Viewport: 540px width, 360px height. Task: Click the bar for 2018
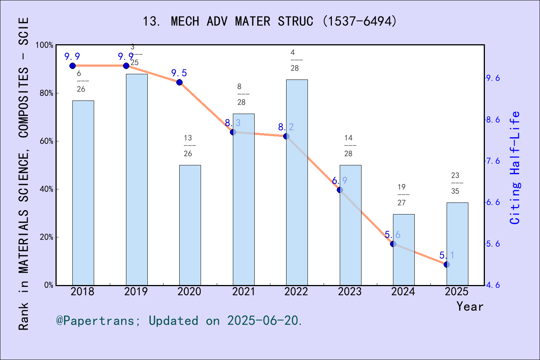pyautogui.click(x=83, y=193)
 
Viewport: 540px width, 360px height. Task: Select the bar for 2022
pyautogui.click(x=297, y=182)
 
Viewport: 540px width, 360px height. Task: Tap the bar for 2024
pyautogui.click(x=403, y=250)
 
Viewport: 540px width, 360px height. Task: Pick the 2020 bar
pyautogui.click(x=190, y=225)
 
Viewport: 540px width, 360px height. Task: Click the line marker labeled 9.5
pyautogui.click(x=179, y=82)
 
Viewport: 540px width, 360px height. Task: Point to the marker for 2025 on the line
pyautogui.click(x=447, y=265)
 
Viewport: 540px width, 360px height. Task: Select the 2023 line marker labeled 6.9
pyautogui.click(x=340, y=190)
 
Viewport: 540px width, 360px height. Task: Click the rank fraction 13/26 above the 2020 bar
pyautogui.click(x=188, y=146)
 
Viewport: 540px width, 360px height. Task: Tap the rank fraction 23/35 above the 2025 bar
pyautogui.click(x=455, y=183)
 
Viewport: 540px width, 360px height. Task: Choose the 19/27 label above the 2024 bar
pyautogui.click(x=402, y=195)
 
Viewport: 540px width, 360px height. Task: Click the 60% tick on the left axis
pyautogui.click(x=46, y=141)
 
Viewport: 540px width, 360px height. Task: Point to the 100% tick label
pyautogui.click(x=45, y=45)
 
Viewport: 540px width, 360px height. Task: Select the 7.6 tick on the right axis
pyautogui.click(x=493, y=161)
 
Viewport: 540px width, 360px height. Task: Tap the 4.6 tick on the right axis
pyautogui.click(x=493, y=285)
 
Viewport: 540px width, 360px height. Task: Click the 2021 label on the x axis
pyautogui.click(x=243, y=292)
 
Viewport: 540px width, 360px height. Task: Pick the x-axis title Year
pyautogui.click(x=469, y=306)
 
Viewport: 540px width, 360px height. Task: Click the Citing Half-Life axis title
pyautogui.click(x=515, y=168)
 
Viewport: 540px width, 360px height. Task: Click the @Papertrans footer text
pyautogui.click(x=179, y=321)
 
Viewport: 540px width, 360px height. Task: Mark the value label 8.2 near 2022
pyautogui.click(x=286, y=127)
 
